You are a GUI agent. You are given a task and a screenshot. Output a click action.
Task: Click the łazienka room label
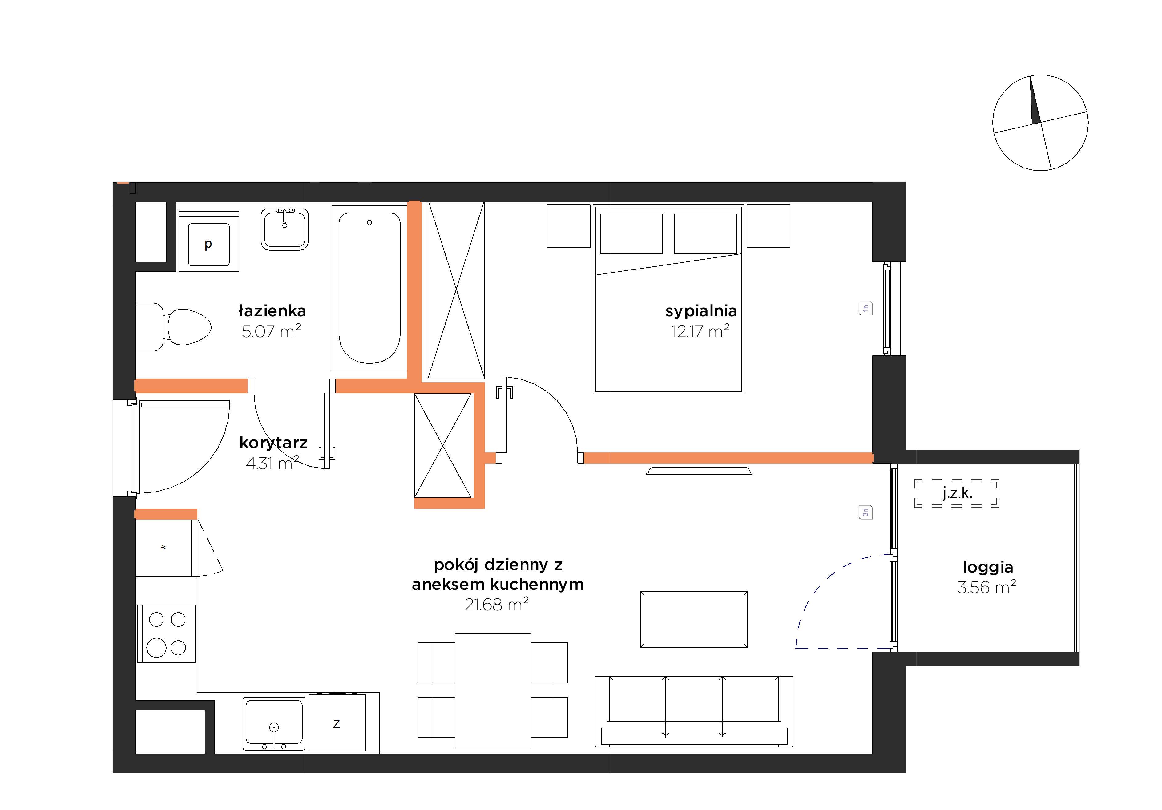click(x=272, y=310)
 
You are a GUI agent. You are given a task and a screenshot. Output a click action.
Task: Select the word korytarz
click(x=273, y=443)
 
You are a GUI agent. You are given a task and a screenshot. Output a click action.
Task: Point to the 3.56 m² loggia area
click(x=987, y=587)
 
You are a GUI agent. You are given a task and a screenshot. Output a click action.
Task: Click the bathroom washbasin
click(x=284, y=229)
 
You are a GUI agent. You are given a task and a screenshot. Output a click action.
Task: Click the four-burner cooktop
click(x=167, y=633)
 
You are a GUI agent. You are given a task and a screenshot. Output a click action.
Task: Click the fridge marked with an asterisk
click(x=163, y=548)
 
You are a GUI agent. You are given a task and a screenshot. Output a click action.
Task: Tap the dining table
click(x=493, y=690)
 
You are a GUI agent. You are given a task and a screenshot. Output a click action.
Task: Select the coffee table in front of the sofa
click(x=694, y=619)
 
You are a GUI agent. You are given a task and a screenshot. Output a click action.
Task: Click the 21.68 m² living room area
click(x=497, y=605)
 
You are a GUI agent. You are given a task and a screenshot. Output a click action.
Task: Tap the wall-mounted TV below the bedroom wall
click(x=700, y=471)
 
